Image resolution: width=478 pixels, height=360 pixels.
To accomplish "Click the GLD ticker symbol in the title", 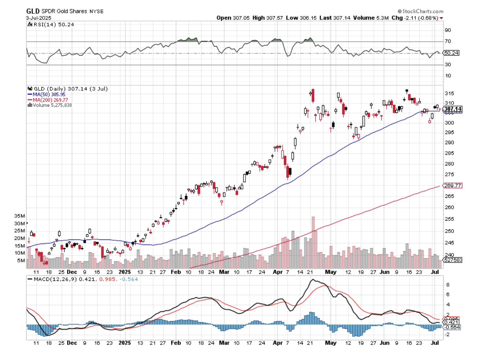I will coord(33,11).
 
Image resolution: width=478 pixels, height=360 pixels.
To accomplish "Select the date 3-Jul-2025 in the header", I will coord(39,18).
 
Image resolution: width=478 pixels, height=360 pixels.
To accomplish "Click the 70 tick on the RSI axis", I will coord(448,41).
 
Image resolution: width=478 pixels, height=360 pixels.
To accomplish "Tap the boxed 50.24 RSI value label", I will coord(451,53).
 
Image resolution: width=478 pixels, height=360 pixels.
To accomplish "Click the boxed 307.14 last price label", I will coord(453,109).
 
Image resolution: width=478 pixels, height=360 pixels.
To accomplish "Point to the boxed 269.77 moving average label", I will coord(453,185).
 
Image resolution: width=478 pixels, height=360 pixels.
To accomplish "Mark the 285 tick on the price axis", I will coord(449,153).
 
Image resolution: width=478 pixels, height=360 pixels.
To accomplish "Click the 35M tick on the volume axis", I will coord(20,216).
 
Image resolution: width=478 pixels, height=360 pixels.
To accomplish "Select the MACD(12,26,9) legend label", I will coord(55,279).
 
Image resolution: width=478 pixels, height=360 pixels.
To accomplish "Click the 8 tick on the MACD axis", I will coord(448,285).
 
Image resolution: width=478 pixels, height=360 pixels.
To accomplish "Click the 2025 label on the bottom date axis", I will coord(125,343).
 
